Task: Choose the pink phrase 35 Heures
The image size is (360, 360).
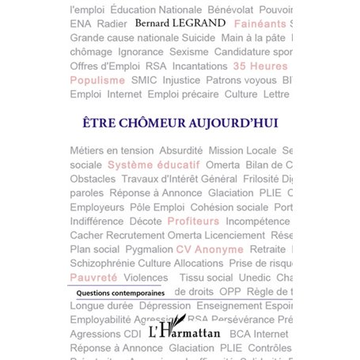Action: [x=260, y=66]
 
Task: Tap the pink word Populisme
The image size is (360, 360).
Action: [x=97, y=80]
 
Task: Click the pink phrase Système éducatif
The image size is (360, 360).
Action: [x=153, y=165]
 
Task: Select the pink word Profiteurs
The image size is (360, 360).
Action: [x=193, y=221]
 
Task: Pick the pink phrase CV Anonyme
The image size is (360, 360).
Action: [x=210, y=249]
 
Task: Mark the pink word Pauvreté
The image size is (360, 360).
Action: [x=93, y=278]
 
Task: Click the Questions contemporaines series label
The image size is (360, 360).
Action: [x=116, y=293]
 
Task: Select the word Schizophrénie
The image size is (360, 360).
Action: [x=102, y=263]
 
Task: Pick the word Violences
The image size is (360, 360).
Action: [x=146, y=278]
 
